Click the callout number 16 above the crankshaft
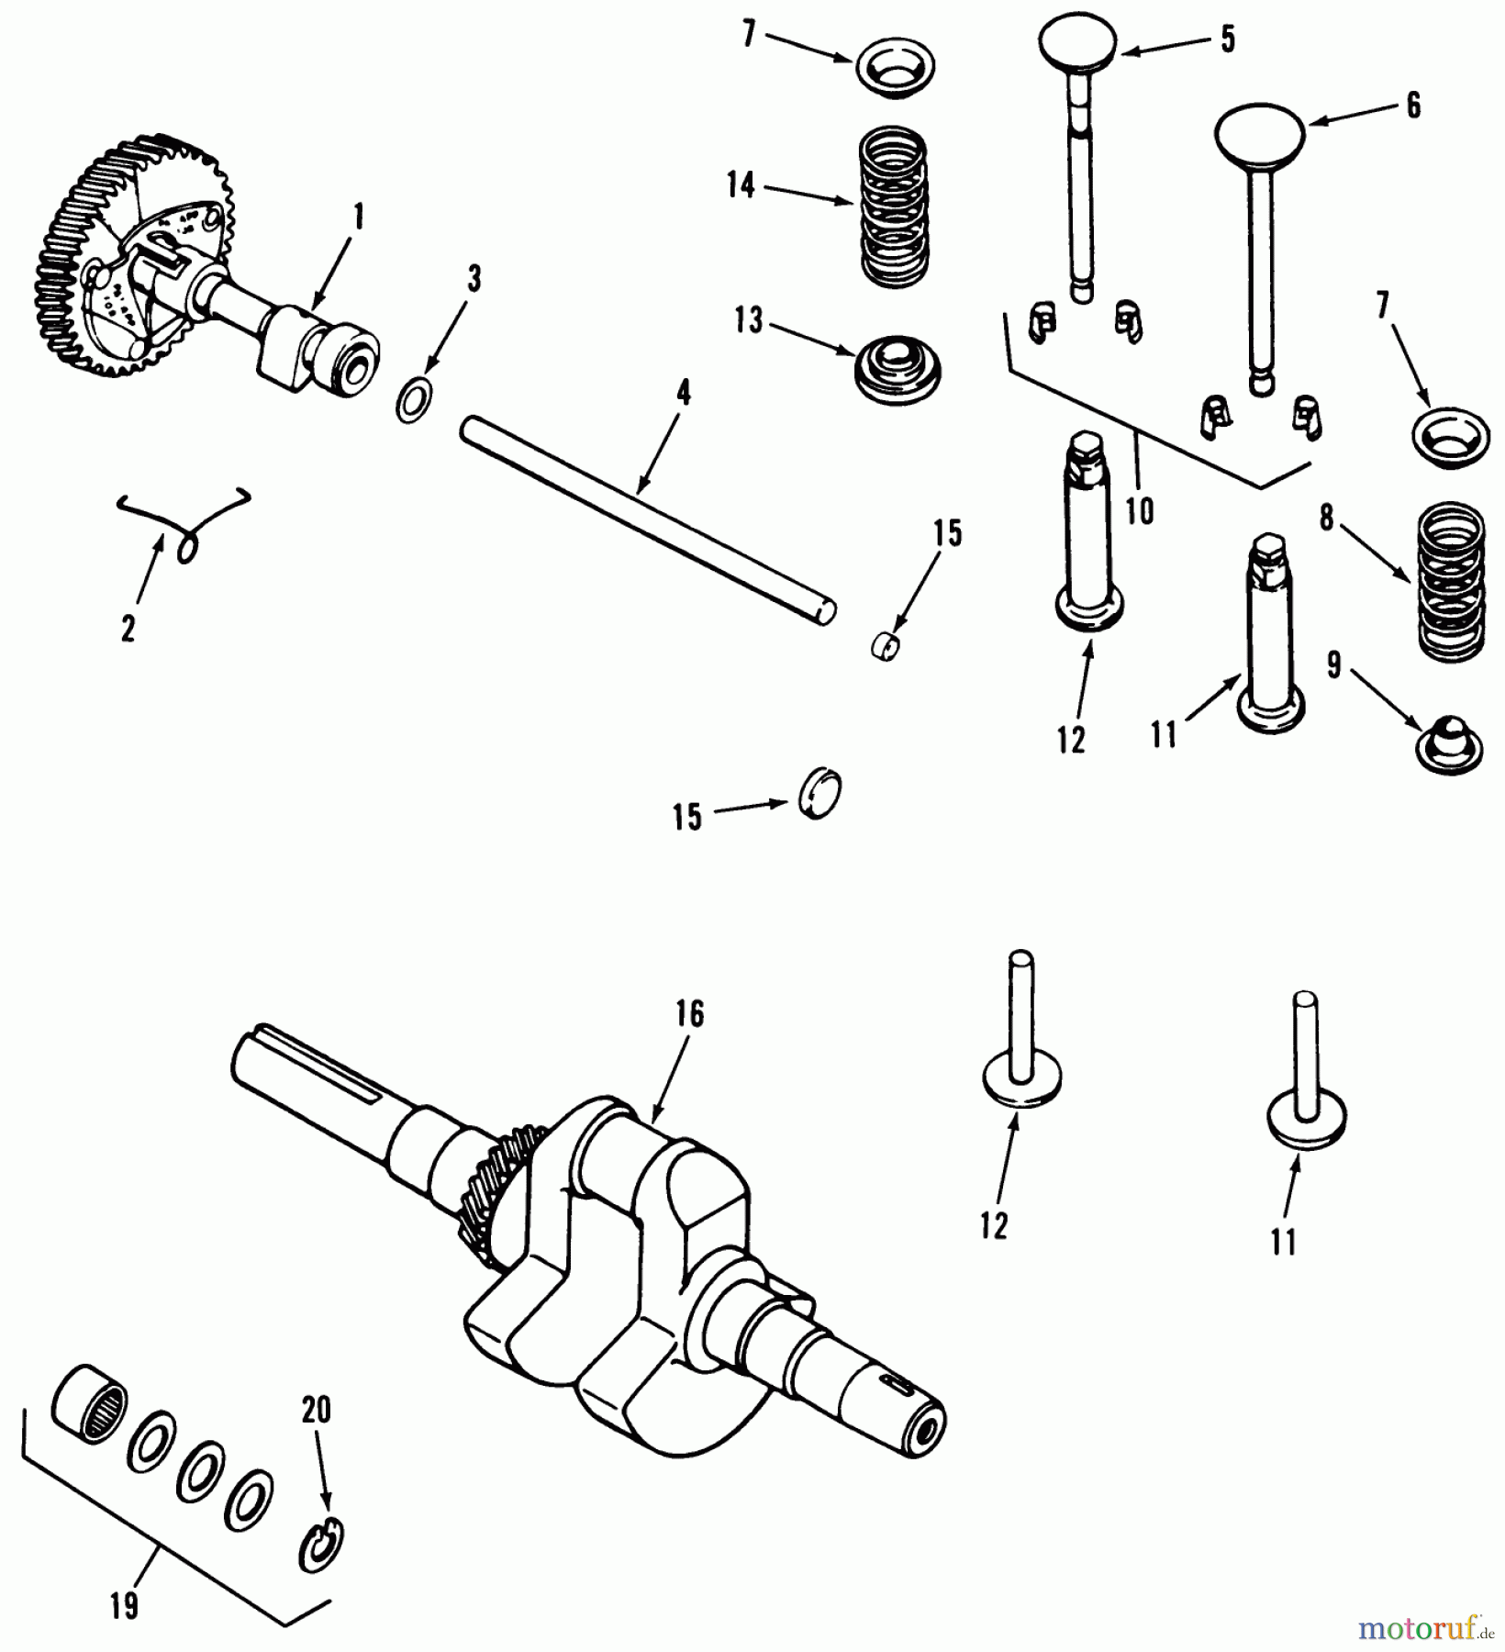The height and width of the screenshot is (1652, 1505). coord(689,1014)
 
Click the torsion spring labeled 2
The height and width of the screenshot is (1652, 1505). coord(188,528)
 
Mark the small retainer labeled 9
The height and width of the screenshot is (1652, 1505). coord(1448,743)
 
